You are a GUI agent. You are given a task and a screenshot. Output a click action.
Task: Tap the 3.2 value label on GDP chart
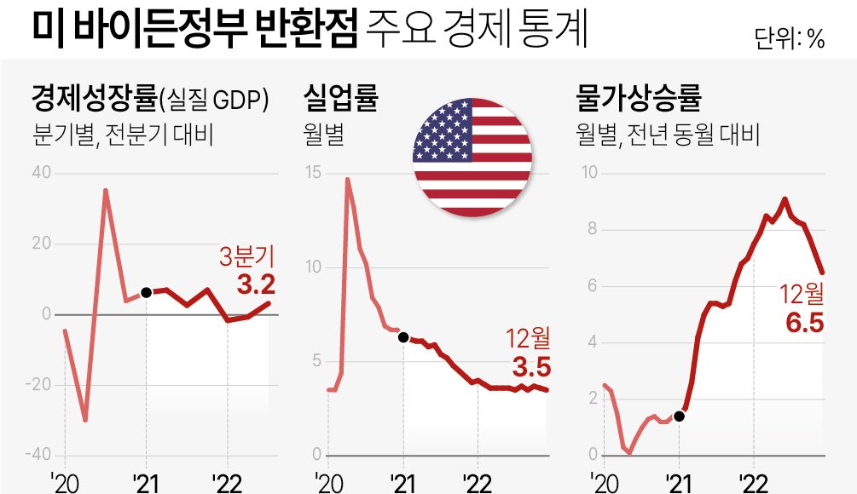point(255,284)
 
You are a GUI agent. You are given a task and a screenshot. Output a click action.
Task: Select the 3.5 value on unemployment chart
point(531,367)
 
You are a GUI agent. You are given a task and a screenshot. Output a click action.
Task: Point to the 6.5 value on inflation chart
point(804,324)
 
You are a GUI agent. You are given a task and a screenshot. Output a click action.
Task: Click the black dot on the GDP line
point(146,292)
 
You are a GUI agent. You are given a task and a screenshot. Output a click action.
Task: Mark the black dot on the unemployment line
point(403,337)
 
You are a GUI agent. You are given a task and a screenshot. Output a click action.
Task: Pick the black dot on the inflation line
point(679,416)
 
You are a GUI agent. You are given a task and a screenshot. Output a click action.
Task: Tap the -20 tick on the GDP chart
point(37,384)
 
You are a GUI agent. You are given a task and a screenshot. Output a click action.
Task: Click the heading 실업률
point(340,100)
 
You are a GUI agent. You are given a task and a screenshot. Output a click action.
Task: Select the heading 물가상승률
point(639,100)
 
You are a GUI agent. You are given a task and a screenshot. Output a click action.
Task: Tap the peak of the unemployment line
point(348,179)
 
